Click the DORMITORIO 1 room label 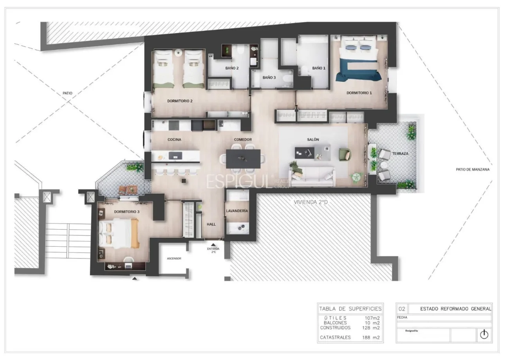359,93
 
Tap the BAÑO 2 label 232,68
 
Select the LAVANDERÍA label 237,211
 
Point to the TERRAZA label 401,154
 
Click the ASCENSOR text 174,259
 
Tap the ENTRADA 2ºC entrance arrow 213,244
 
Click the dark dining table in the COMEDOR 243,158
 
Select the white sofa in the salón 312,176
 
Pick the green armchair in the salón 345,154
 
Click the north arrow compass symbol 484,335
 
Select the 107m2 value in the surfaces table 372,318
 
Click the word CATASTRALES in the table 335,337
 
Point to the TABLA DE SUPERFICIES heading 350,308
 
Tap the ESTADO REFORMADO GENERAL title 455,308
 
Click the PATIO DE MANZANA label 473,170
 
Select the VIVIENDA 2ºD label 311,203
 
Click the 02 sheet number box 402,308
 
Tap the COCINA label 174,139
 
